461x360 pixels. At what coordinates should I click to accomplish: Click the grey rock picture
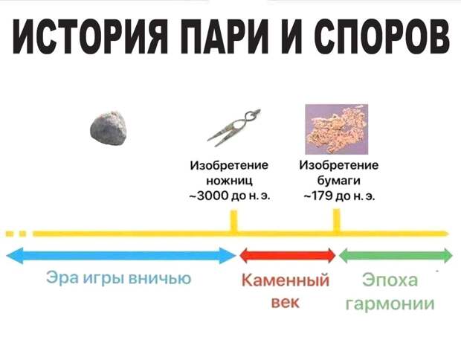(x=109, y=128)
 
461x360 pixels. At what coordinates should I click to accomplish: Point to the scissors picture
(x=233, y=128)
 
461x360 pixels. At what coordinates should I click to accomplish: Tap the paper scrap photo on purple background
(x=337, y=129)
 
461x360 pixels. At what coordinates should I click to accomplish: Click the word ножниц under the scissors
(x=229, y=181)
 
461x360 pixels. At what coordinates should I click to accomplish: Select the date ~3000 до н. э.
(x=229, y=196)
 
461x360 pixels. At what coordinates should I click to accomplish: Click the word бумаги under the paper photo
(x=339, y=181)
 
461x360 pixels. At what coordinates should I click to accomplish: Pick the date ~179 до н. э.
(x=339, y=196)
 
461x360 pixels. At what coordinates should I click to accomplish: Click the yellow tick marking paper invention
(x=337, y=220)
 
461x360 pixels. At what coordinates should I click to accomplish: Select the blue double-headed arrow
(x=121, y=256)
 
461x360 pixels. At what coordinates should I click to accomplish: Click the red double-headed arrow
(x=288, y=255)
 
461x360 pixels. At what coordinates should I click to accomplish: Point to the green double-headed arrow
(x=396, y=255)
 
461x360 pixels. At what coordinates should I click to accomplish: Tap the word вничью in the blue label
(x=160, y=278)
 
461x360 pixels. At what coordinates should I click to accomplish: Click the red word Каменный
(x=286, y=280)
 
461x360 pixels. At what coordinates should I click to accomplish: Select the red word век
(x=286, y=302)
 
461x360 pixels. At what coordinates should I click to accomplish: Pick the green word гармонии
(x=390, y=303)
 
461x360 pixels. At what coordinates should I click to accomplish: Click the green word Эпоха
(x=390, y=280)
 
